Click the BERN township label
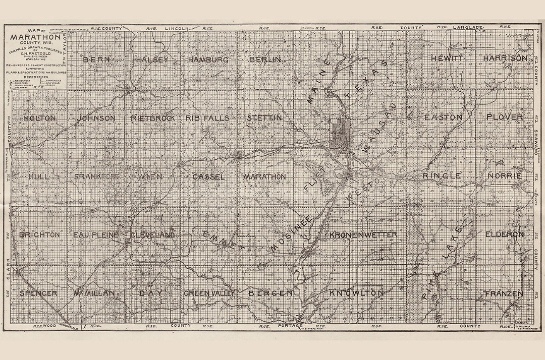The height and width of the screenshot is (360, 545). point(93,59)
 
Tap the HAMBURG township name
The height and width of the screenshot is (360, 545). point(208,59)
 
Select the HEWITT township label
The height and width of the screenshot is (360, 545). point(447,58)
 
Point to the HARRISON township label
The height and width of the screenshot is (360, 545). point(505,58)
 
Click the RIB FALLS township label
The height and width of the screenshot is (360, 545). point(207,118)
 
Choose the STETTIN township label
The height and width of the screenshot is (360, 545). point(264,118)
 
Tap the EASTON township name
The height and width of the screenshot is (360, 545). point(443,117)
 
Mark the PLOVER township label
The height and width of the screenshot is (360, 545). point(505,117)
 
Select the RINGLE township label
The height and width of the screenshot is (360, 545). point(442,176)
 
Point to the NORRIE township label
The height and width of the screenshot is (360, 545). point(505,176)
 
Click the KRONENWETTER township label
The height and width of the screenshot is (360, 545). point(363,235)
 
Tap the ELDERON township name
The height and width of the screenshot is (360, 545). point(505,234)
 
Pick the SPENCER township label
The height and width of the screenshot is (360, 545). point(38,293)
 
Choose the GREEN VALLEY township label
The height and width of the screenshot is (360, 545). point(209,293)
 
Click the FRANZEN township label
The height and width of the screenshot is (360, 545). point(505,293)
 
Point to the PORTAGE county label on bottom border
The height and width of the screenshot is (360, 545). point(290,327)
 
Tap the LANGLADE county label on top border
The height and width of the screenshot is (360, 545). point(468,26)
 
